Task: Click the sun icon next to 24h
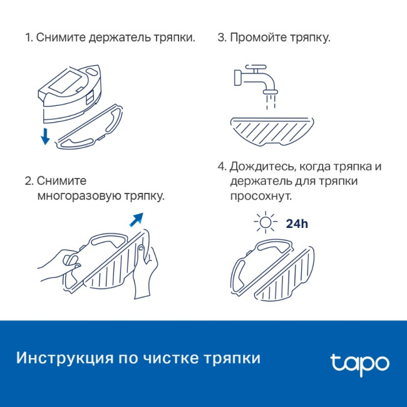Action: coord(266,224)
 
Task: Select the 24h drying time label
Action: coord(297,224)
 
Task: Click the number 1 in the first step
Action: coord(28,38)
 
